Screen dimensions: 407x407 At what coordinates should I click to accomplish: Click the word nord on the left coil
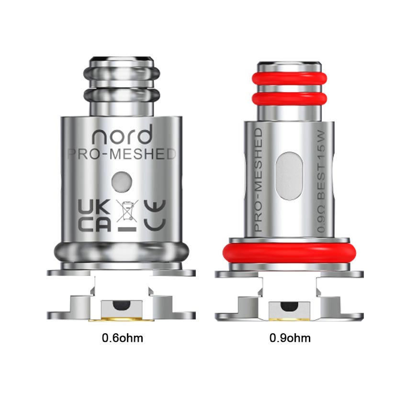click(x=122, y=135)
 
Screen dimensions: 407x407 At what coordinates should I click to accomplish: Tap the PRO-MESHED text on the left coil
click(x=122, y=154)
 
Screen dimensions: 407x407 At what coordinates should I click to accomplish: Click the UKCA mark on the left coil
click(x=94, y=215)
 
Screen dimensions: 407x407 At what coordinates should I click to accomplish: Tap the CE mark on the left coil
click(x=155, y=215)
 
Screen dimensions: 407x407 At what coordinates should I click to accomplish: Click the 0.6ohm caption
click(x=122, y=338)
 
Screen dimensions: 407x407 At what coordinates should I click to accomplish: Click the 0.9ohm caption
click(x=290, y=338)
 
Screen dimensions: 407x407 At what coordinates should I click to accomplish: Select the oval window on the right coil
click(x=289, y=176)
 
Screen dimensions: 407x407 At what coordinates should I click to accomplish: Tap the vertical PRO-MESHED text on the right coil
click(x=259, y=180)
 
